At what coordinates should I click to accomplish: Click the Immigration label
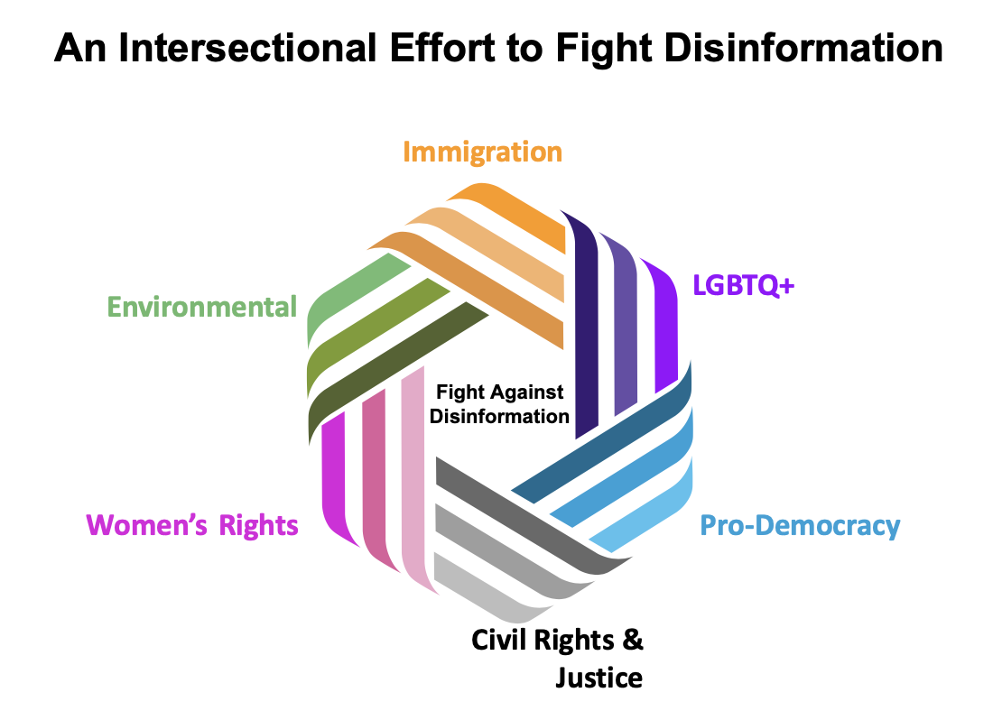[482, 152]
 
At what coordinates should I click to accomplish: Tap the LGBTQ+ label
[743, 284]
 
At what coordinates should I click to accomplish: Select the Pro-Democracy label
[800, 525]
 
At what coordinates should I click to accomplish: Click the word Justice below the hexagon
[599, 677]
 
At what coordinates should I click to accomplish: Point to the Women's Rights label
[191, 524]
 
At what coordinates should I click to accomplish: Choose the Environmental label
[201, 307]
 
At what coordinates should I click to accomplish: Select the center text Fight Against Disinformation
[499, 404]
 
